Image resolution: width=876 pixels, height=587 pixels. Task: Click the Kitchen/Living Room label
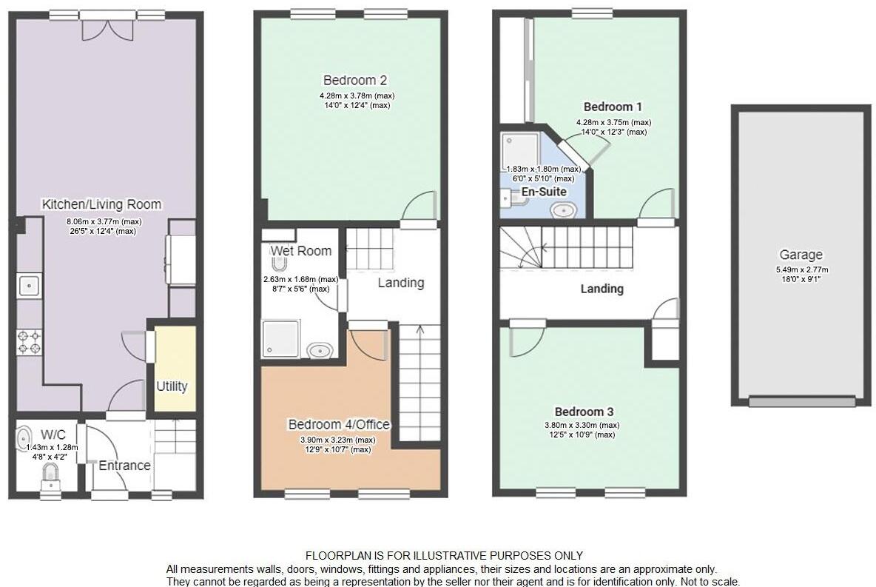pos(101,204)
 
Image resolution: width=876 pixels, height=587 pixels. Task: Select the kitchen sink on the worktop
pos(30,285)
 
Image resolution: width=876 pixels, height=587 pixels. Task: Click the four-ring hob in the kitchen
pos(30,342)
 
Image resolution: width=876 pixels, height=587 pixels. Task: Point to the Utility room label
pos(172,386)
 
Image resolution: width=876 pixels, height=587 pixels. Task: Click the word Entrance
pos(125,466)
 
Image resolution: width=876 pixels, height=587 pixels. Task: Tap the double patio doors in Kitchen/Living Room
pos(107,28)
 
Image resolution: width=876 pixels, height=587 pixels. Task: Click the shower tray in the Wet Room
pos(280,338)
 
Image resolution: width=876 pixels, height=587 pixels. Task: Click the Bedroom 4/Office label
pos(339,424)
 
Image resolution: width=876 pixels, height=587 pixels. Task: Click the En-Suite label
pos(545,192)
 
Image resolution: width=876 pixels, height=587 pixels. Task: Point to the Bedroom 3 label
pos(584,412)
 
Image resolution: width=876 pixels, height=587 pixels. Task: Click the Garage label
pos(800,255)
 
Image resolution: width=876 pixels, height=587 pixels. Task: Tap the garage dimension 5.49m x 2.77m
pos(800,269)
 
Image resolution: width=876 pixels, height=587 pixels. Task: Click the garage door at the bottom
pos(801,402)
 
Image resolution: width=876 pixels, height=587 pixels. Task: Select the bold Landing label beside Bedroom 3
pos(602,289)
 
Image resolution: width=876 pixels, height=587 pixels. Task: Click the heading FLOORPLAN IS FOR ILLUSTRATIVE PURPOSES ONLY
pos(444,555)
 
